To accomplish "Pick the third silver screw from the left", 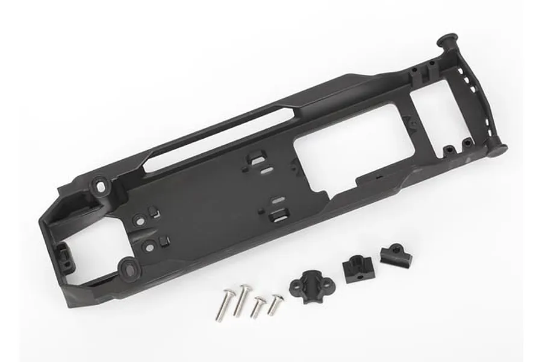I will click(257, 306).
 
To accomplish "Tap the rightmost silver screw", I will click(275, 303).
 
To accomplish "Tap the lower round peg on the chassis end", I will click(496, 149).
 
